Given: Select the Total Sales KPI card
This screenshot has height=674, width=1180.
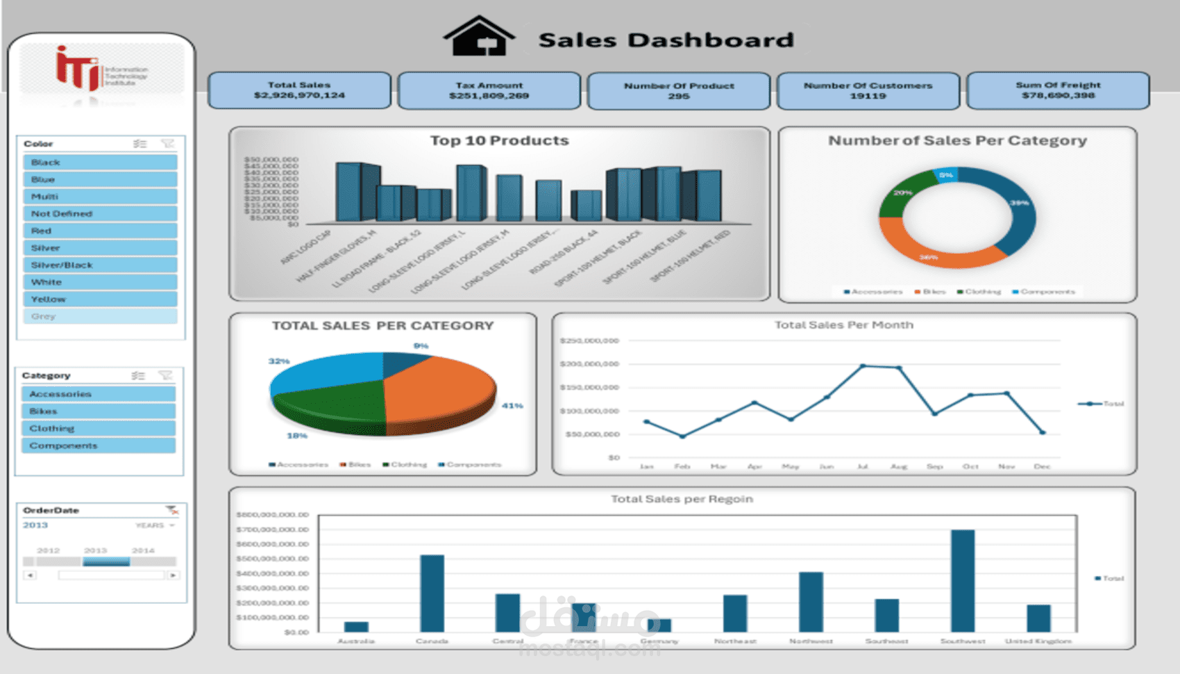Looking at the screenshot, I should (x=299, y=90).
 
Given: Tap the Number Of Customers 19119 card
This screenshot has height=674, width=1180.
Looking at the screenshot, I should (x=868, y=91).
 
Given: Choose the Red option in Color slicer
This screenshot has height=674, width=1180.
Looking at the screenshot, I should (x=100, y=231).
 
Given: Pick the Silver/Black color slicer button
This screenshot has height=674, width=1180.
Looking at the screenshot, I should (x=100, y=265).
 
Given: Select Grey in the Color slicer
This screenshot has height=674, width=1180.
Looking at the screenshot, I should (x=100, y=316).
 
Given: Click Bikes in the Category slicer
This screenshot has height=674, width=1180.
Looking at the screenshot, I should (x=99, y=411).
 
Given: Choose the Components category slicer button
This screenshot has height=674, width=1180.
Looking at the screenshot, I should (x=99, y=445).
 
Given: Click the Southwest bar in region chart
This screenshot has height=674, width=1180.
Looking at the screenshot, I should (x=962, y=580).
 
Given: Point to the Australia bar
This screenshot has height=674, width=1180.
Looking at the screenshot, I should (x=356, y=626).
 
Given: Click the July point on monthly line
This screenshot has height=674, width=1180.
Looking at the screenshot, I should (x=863, y=365).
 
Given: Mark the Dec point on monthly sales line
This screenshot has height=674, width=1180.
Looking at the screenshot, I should (x=1042, y=432).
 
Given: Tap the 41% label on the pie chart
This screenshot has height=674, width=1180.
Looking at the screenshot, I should (x=512, y=406).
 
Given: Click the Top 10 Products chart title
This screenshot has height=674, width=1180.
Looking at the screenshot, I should (x=499, y=140).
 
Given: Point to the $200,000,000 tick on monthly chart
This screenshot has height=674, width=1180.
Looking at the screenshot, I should (x=589, y=364).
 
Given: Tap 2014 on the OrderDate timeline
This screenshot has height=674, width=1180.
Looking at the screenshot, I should (x=143, y=550).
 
